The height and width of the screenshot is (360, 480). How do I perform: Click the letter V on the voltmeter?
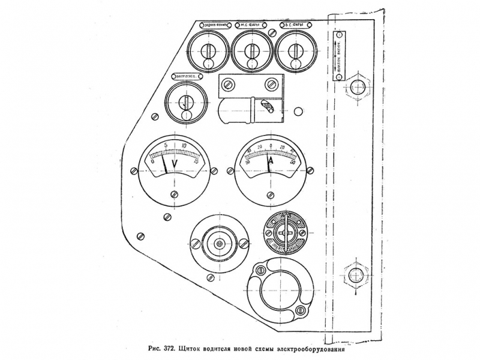click(175, 164)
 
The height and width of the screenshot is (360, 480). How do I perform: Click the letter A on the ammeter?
click(271, 163)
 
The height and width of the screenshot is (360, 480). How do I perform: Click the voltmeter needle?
click(164, 163)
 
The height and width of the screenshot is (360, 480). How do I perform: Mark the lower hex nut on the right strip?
click(356, 275)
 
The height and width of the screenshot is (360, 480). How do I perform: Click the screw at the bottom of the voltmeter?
click(175, 194)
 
